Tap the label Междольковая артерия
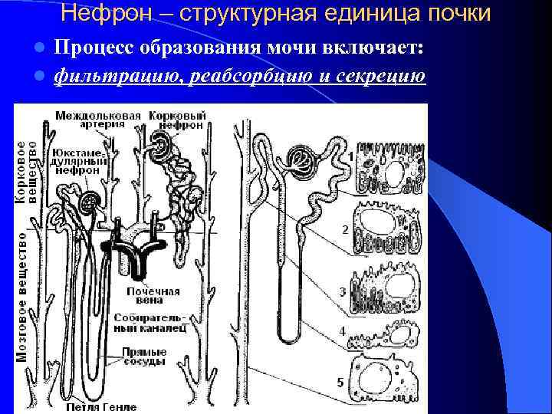(98, 121)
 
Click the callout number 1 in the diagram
(350, 156)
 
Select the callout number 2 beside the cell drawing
(345, 229)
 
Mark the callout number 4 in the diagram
(342, 331)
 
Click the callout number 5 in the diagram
(340, 381)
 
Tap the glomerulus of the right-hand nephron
(300, 160)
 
